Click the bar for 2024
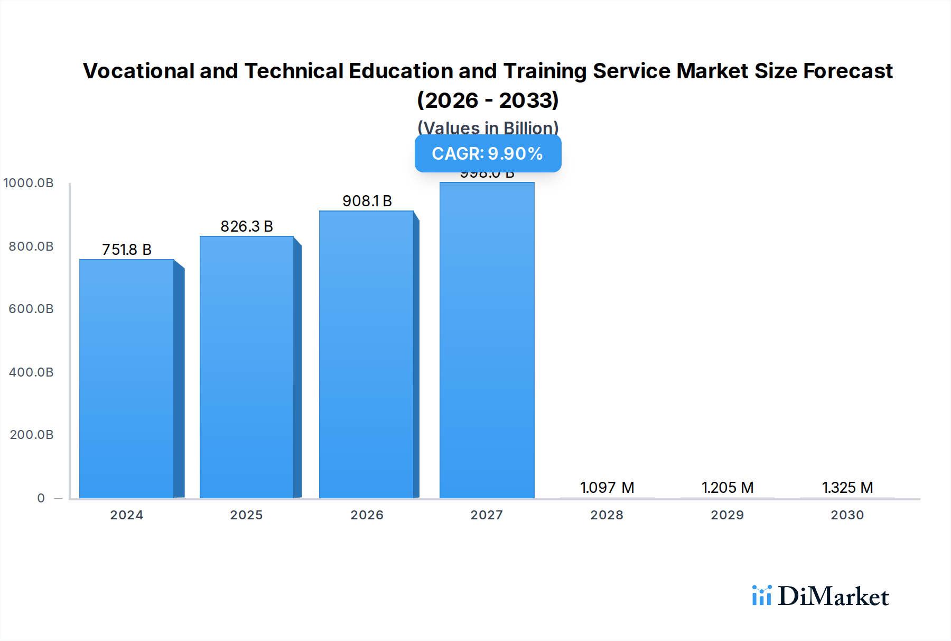tap(127, 379)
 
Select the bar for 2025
tap(246, 367)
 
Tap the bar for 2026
tap(366, 354)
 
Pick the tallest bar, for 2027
tap(487, 340)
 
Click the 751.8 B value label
tap(127, 250)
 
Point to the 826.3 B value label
tap(247, 226)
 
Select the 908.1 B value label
tap(367, 201)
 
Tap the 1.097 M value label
tap(607, 488)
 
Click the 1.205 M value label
tap(728, 488)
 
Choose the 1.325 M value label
tap(847, 488)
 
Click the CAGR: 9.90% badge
tap(488, 153)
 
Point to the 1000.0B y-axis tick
tap(29, 183)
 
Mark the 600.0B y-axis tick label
tap(31, 309)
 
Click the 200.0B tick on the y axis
tap(32, 435)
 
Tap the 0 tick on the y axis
tap(41, 498)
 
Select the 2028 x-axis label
tap(607, 515)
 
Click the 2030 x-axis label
tap(847, 515)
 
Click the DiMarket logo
tap(821, 596)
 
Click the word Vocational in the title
tap(139, 71)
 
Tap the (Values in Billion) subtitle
tap(488, 128)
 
